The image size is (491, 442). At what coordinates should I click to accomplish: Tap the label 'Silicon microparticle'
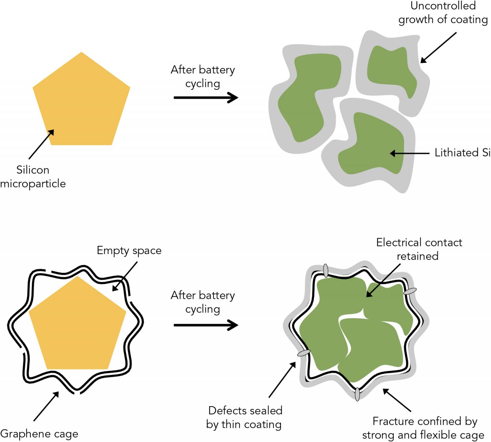(x=33, y=177)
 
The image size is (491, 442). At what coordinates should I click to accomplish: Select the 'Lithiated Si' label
(x=462, y=153)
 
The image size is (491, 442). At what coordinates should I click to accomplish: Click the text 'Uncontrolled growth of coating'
(x=443, y=13)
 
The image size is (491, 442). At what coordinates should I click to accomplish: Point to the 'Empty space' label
(x=129, y=250)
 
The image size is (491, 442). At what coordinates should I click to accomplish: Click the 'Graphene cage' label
(x=39, y=434)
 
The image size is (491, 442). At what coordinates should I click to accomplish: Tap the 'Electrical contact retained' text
(x=419, y=249)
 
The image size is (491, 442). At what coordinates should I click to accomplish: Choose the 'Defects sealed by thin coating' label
(x=244, y=417)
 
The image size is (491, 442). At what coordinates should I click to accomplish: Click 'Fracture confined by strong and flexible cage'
(x=423, y=428)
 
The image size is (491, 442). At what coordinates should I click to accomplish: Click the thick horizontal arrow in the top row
(x=206, y=98)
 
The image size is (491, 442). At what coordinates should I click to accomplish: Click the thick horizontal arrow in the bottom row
(x=206, y=325)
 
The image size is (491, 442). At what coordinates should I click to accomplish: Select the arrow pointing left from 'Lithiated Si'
(x=409, y=153)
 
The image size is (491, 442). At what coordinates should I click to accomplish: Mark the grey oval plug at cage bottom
(x=357, y=395)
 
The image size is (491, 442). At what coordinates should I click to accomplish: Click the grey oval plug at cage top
(x=325, y=271)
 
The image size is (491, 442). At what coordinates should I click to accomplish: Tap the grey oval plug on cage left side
(x=304, y=353)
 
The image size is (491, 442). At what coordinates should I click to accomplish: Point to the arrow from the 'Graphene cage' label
(x=46, y=406)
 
